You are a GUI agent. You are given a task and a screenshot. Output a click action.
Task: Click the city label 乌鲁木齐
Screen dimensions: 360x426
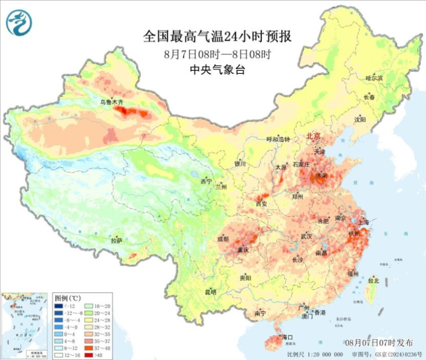[111, 103]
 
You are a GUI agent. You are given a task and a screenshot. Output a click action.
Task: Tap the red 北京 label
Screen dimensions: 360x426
[313, 136]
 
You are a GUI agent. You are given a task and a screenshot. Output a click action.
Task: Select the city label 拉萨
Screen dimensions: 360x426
[117, 241]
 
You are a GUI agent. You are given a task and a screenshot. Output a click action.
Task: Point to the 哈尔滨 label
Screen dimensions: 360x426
[374, 78]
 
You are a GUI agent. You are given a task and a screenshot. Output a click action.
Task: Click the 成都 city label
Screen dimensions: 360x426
[223, 238]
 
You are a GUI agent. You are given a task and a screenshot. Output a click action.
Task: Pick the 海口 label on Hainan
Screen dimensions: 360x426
[287, 337]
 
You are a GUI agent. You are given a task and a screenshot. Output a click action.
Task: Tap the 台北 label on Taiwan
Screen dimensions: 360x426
[373, 281]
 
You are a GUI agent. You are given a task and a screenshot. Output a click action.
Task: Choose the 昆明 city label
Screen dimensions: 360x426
[210, 292]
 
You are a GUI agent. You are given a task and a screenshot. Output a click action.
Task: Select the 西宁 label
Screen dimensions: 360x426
[206, 182]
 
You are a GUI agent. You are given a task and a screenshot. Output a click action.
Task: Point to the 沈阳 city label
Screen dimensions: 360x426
[360, 119]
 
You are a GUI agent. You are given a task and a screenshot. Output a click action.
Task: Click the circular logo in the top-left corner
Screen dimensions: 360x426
[19, 23]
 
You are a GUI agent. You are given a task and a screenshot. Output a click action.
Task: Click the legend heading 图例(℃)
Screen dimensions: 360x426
[67, 297]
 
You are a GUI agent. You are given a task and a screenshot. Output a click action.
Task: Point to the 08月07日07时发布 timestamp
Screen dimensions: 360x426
[376, 342]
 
